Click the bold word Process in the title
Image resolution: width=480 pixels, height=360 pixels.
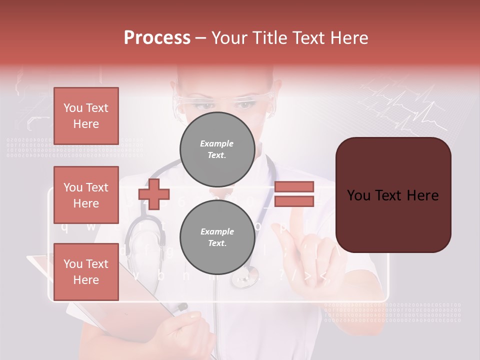(157, 37)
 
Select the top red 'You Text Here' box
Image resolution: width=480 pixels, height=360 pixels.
(86, 116)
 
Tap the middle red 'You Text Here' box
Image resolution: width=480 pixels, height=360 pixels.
(86, 195)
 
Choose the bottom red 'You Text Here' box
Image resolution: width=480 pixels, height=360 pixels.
(86, 272)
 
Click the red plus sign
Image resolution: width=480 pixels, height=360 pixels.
(154, 194)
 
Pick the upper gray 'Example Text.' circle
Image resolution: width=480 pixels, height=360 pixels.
(217, 149)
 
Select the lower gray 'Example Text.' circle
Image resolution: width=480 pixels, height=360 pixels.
(217, 237)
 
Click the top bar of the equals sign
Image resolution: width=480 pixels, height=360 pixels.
(294, 186)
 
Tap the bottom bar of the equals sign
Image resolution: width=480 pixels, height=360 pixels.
(294, 201)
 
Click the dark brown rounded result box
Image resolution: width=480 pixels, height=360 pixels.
(393, 195)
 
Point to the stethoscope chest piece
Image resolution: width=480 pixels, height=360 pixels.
(245, 277)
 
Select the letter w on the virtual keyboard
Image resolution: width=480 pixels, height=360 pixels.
(90, 226)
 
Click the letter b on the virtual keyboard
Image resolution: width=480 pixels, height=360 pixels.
(160, 274)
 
